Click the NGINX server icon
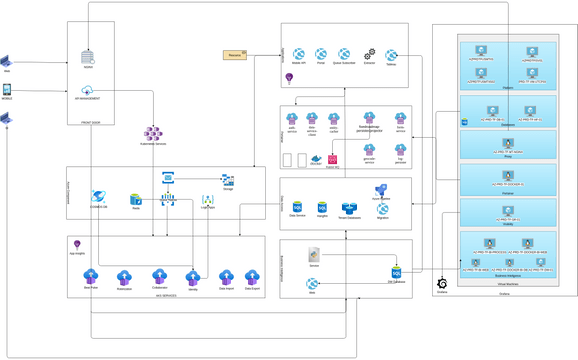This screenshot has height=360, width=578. [88, 56]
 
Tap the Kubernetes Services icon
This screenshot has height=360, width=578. [152, 133]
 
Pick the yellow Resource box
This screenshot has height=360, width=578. [235, 54]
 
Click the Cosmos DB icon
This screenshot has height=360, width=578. [98, 197]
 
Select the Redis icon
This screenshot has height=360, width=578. [135, 199]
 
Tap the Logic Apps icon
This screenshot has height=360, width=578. [207, 201]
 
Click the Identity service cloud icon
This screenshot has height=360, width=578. [193, 276]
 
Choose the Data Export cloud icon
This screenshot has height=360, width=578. [252, 277]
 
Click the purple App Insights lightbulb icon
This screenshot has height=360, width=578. [77, 245]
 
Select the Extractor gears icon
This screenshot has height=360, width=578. [369, 54]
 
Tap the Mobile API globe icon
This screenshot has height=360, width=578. [298, 54]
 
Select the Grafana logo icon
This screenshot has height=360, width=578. [442, 284]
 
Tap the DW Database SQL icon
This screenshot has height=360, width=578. [396, 272]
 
